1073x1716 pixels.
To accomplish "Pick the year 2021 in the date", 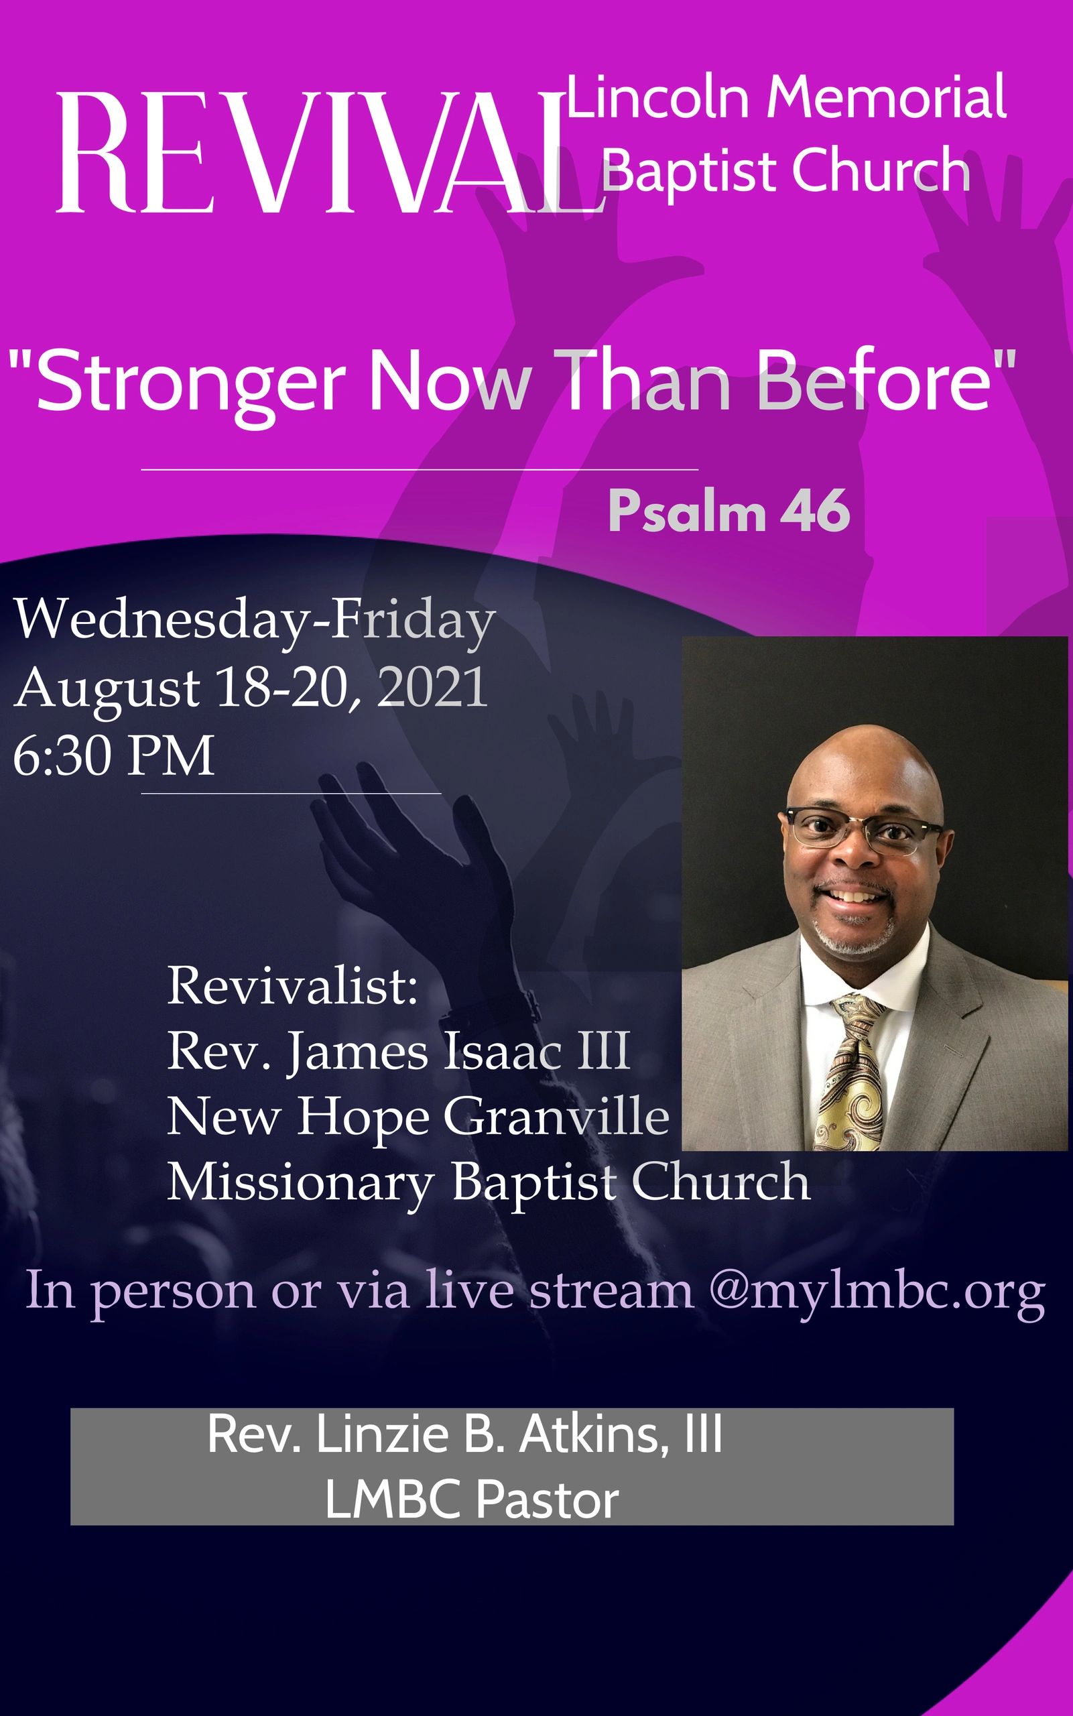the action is tap(432, 686).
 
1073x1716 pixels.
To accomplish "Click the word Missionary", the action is tap(300, 1184).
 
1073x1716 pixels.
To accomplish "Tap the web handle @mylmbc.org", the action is tap(877, 1290).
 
